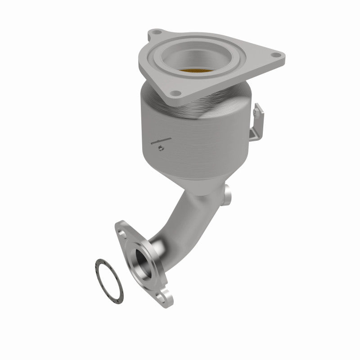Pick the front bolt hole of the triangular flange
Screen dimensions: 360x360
pyautogui.click(x=176, y=94)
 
